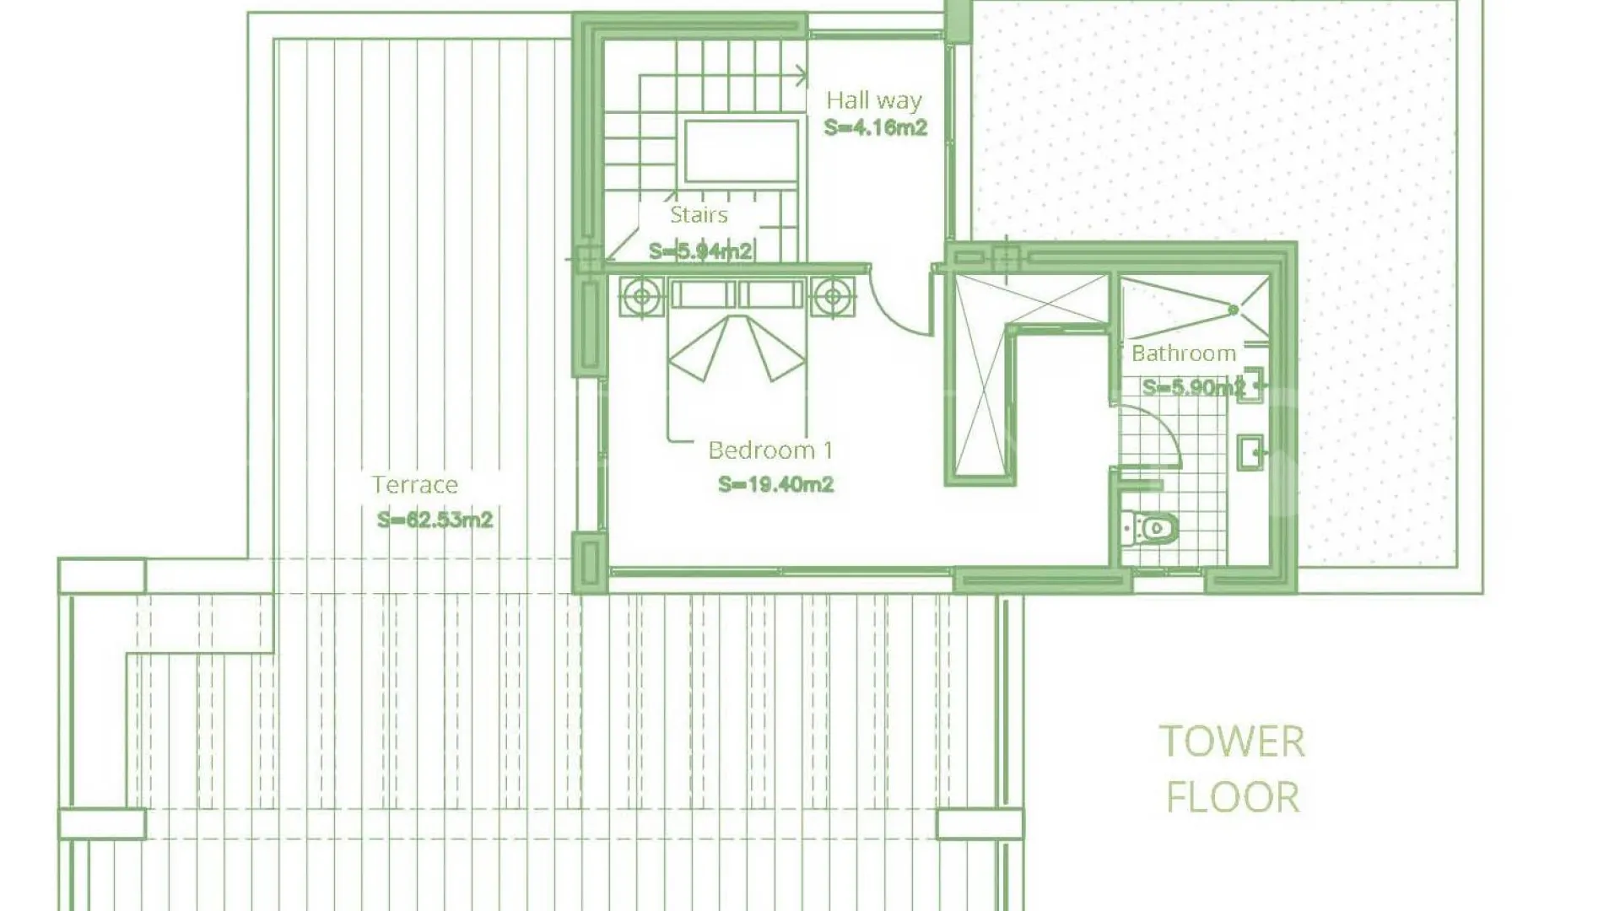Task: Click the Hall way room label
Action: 873,101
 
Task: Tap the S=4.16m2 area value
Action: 876,128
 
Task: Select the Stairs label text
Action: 699,215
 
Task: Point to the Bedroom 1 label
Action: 770,450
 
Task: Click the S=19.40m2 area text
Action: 776,485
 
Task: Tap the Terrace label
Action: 415,485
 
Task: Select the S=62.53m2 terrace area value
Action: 435,520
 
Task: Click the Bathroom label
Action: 1184,353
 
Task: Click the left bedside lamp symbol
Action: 642,296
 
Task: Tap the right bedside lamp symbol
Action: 834,296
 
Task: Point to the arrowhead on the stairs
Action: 801,76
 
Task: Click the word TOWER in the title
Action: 1233,742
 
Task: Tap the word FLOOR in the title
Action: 1233,797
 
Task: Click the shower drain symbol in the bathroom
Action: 1234,310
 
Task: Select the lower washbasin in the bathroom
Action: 1250,452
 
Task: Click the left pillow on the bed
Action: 704,294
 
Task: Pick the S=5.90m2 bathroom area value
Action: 1194,388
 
